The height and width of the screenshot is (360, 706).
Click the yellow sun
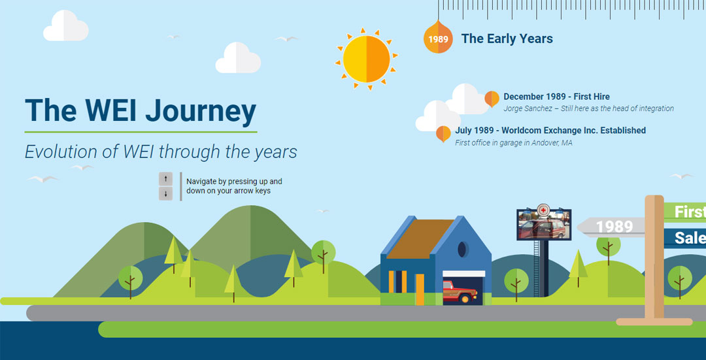(x=367, y=59)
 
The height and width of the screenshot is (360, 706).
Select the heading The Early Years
(x=507, y=39)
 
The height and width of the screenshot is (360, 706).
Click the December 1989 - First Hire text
(x=556, y=97)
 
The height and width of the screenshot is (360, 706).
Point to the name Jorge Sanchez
(x=528, y=108)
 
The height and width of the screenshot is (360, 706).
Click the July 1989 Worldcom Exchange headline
(x=550, y=131)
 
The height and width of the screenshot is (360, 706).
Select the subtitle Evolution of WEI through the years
(x=161, y=152)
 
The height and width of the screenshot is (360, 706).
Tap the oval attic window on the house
(x=462, y=250)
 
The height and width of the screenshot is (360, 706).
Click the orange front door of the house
(x=420, y=289)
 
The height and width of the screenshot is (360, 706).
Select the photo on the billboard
(x=544, y=225)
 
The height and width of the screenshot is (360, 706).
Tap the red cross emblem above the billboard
(x=544, y=210)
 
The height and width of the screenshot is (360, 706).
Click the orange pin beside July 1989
(x=443, y=134)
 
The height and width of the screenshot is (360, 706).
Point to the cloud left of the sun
(x=238, y=58)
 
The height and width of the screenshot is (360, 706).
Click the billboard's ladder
(x=536, y=269)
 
